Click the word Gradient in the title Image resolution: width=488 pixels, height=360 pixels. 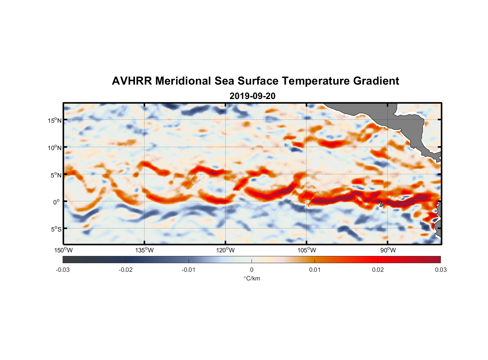376,81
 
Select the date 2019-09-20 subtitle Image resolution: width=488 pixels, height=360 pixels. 252,96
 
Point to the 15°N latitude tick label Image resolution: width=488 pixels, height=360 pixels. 54,120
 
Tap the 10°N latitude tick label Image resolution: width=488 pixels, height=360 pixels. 54,148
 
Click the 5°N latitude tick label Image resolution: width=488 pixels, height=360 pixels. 56,175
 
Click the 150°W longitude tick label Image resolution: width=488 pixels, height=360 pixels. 63,250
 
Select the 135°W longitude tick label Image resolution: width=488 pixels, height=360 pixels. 144,250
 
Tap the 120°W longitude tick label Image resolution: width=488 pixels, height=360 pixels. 225,250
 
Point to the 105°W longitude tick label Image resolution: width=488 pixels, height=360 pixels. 307,250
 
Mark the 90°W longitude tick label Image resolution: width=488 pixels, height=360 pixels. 388,250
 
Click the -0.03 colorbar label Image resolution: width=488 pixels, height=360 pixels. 63,270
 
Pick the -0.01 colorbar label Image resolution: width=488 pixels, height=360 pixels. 189,270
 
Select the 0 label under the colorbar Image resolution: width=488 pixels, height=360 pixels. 252,270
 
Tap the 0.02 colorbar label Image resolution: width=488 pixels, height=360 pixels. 378,270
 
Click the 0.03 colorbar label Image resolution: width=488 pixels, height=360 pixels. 440,270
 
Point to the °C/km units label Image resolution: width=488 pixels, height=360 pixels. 252,278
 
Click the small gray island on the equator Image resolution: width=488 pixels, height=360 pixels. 381,204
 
